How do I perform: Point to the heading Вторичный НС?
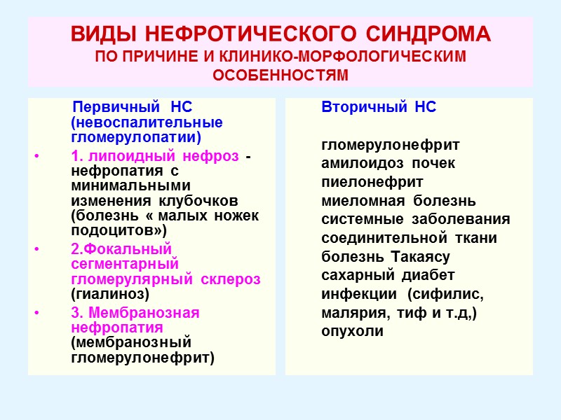click(379, 108)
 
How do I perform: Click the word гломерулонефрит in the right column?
click(391, 145)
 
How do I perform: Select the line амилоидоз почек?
click(388, 163)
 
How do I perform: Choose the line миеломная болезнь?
click(398, 201)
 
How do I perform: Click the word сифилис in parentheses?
click(448, 293)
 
